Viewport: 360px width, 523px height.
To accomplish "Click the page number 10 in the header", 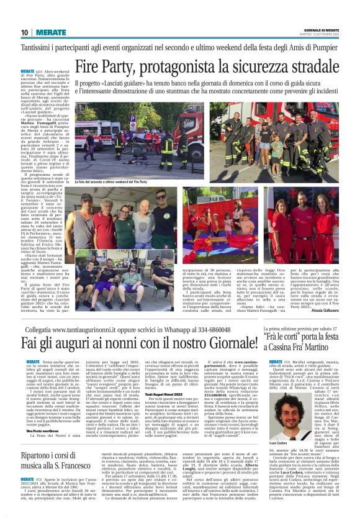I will coord(24,32).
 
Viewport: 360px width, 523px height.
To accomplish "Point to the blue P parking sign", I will coord(132,126).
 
